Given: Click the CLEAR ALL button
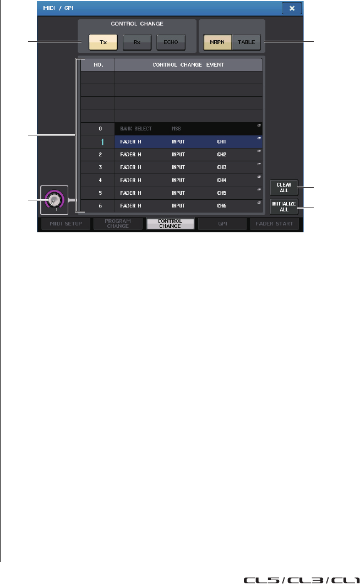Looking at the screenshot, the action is pyautogui.click(x=284, y=188).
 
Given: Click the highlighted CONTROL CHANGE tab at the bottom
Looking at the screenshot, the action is pyautogui.click(x=170, y=223).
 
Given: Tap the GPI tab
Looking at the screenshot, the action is pyautogui.click(x=223, y=223).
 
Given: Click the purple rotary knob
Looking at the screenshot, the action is pyautogui.click(x=53, y=199).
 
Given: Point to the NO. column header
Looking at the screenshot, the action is pyautogui.click(x=97, y=64).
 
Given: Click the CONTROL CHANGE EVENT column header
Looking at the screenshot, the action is pyautogui.click(x=188, y=64).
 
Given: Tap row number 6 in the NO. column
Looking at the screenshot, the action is pyautogui.click(x=97, y=206).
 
